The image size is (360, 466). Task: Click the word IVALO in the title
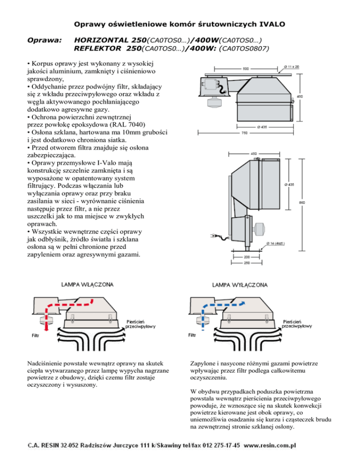pyautogui.click(x=272, y=24)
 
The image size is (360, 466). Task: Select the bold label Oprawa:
pyautogui.click(x=45, y=40)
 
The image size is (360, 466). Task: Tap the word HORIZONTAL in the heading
pyautogui.click(x=100, y=40)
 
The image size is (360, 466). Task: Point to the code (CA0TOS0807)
pyautogui.click(x=244, y=48)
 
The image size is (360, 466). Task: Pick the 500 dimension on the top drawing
pyautogui.click(x=246, y=68)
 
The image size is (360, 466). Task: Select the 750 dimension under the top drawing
pyautogui.click(x=244, y=133)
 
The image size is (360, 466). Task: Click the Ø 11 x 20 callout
pyautogui.click(x=292, y=67)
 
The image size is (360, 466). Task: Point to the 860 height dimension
pyautogui.click(x=302, y=203)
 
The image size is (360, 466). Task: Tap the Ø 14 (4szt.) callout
pyautogui.click(x=276, y=243)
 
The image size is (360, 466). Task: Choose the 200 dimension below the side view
pyautogui.click(x=247, y=257)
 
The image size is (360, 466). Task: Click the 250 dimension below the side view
pyautogui.click(x=247, y=263)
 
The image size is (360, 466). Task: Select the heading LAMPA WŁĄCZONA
pyautogui.click(x=87, y=285)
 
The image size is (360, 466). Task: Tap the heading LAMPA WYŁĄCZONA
pyautogui.click(x=240, y=285)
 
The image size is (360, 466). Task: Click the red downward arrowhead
pyautogui.click(x=46, y=328)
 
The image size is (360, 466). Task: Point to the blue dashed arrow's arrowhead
pyautogui.click(x=242, y=303)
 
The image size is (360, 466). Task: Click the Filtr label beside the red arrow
pyautogui.click(x=35, y=336)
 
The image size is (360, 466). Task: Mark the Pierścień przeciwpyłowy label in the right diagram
pyautogui.click(x=297, y=324)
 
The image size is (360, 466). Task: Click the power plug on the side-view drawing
pyautogui.click(x=213, y=236)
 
